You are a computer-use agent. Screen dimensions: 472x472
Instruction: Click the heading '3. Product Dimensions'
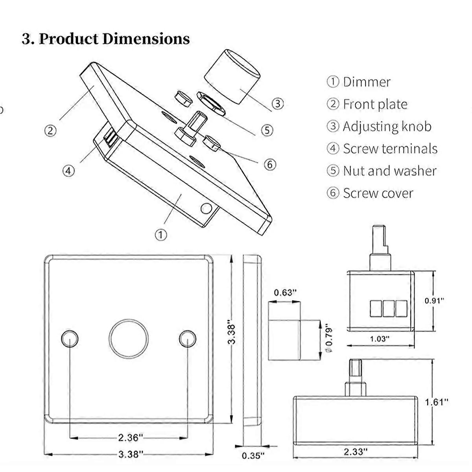coord(105,39)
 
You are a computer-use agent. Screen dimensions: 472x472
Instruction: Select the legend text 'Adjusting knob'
coord(387,127)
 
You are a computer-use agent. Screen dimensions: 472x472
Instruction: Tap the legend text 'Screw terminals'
coord(390,149)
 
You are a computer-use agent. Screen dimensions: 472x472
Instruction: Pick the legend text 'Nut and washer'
coord(389,171)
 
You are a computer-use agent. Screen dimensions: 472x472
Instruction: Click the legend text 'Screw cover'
coord(378,194)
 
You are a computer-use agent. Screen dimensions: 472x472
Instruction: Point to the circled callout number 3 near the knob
coord(278,103)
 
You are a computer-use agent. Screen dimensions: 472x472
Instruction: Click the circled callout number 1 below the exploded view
coord(160,235)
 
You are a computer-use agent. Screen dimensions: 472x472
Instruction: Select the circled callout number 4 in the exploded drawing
coord(68,171)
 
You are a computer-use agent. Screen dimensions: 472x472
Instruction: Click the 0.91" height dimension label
coord(434,301)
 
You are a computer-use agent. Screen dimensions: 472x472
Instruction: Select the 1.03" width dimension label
coord(380,339)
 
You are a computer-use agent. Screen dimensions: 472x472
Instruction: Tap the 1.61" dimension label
coord(437,402)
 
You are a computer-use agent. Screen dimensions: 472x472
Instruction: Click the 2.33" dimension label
coord(356,451)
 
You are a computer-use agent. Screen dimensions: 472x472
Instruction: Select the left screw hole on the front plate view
coord(70,339)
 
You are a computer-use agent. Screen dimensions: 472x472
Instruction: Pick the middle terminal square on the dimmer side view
coord(388,308)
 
